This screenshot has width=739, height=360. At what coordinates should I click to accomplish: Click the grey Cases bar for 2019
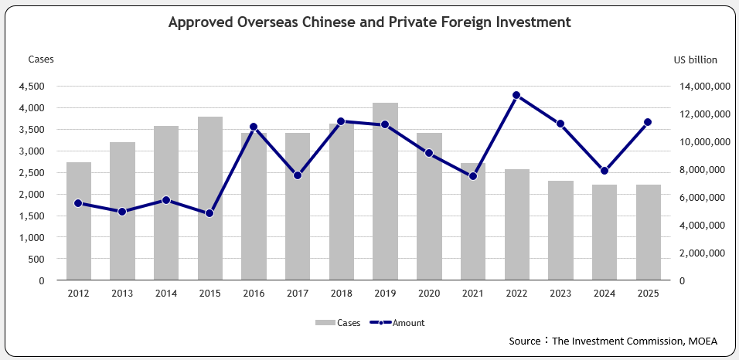tap(385, 193)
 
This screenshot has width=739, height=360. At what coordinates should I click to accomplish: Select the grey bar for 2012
tap(79, 224)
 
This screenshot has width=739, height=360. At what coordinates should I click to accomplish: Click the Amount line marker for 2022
tap(516, 96)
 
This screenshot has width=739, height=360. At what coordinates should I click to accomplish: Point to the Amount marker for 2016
tap(254, 127)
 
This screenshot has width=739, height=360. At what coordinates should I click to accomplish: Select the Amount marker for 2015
tap(209, 213)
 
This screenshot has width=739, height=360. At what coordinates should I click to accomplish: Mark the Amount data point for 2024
tap(604, 171)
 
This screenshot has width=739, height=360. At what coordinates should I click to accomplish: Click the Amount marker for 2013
tap(122, 212)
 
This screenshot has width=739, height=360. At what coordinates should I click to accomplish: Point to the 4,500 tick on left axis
tap(32, 87)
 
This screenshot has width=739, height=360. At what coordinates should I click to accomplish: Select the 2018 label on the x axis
tap(341, 294)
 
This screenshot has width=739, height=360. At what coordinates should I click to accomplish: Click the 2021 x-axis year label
tap(472, 294)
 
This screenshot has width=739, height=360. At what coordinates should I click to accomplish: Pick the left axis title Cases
tap(41, 59)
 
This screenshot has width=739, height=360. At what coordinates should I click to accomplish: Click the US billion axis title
tap(695, 59)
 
